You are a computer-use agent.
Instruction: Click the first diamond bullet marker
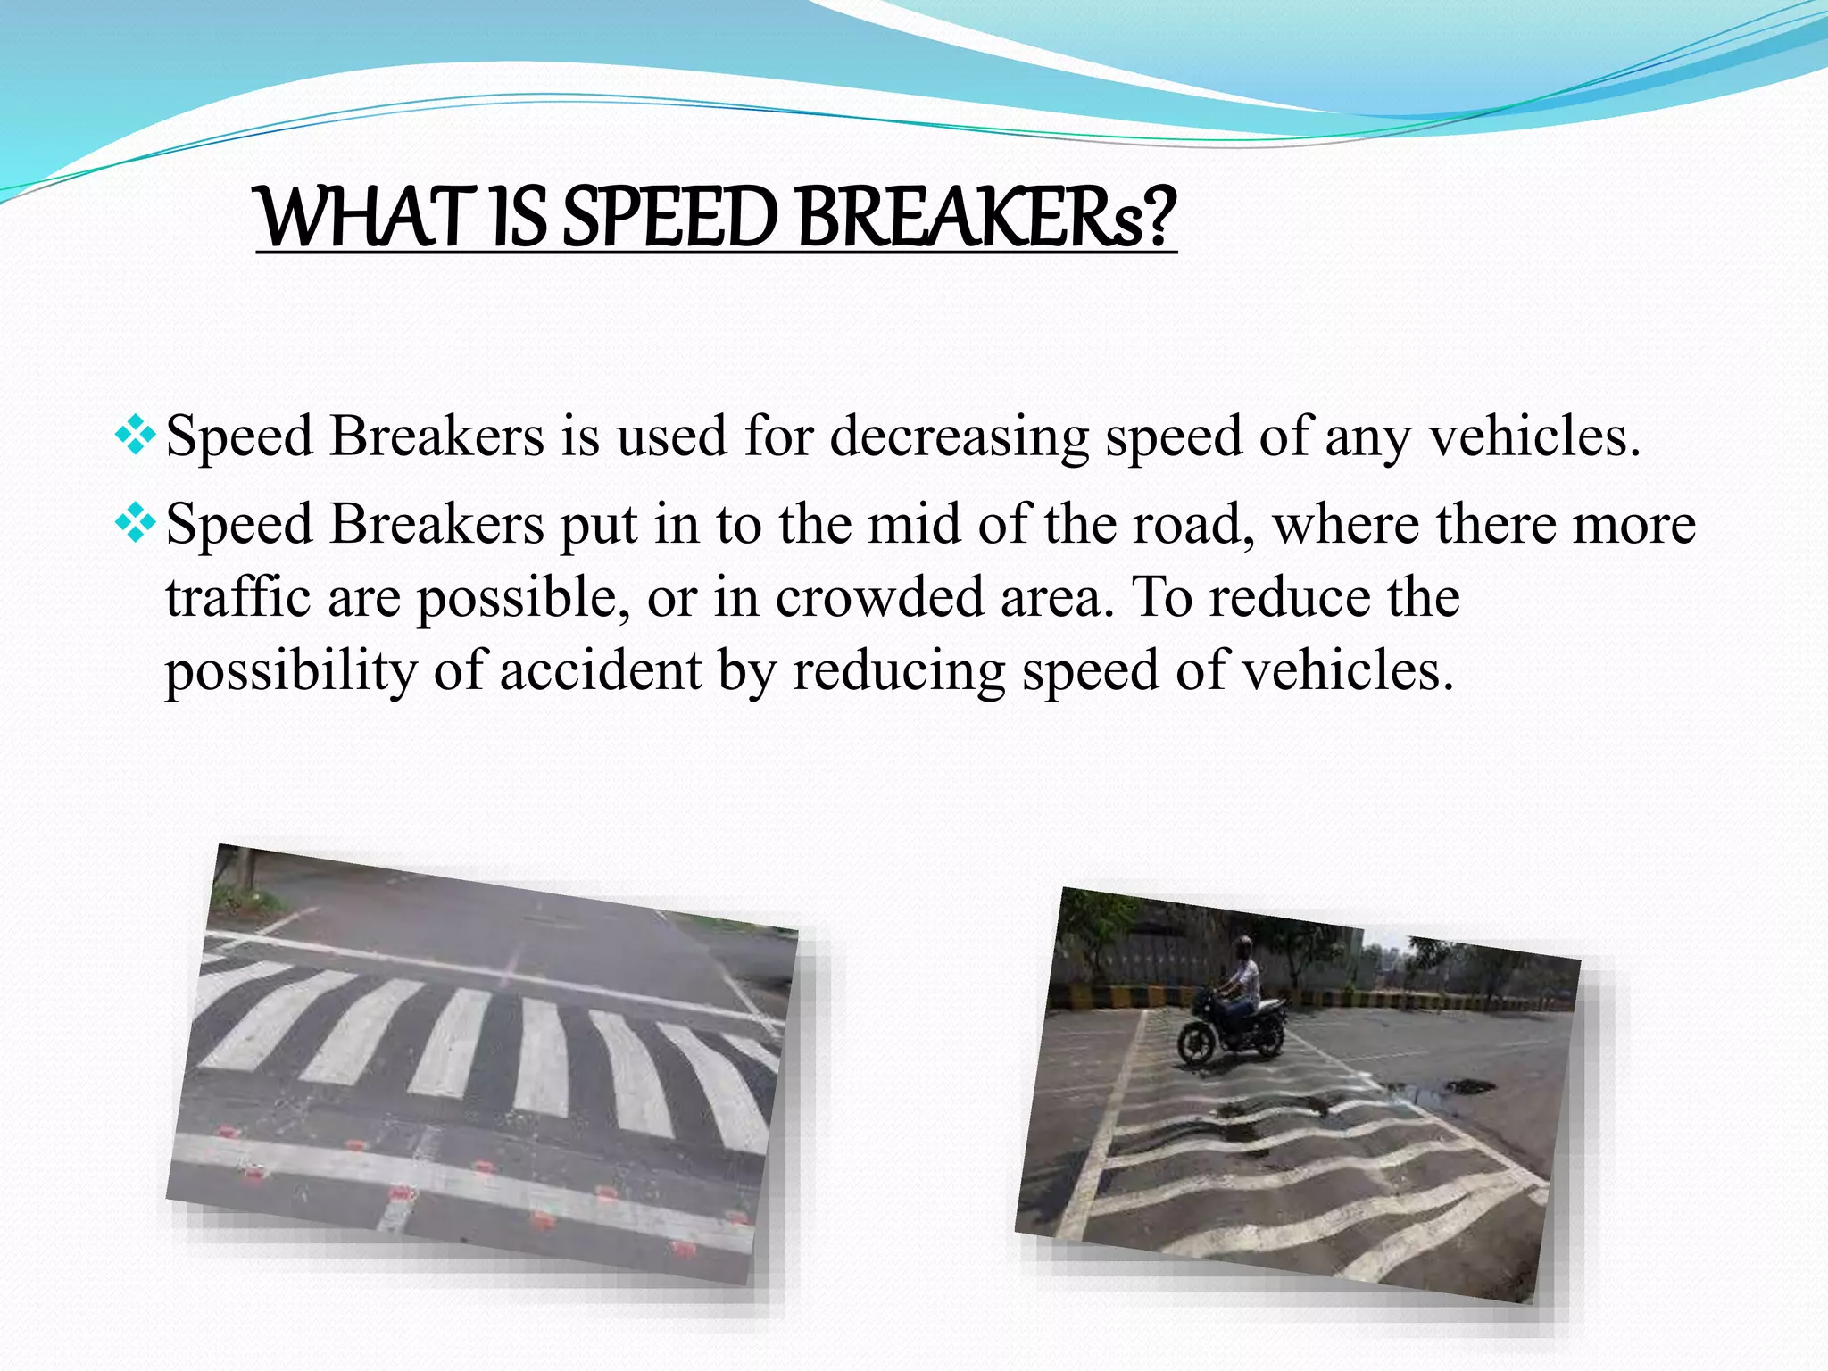click(x=136, y=436)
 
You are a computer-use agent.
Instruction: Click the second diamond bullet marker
click(x=136, y=523)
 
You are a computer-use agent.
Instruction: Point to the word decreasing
click(x=960, y=437)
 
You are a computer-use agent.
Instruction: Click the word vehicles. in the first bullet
click(x=1534, y=437)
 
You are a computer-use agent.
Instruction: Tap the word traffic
click(x=237, y=597)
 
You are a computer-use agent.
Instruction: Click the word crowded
click(x=879, y=597)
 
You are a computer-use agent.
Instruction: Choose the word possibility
click(x=290, y=672)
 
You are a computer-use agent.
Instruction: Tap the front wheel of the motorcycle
click(x=1199, y=1043)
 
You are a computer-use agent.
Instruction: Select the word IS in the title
click(x=518, y=219)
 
